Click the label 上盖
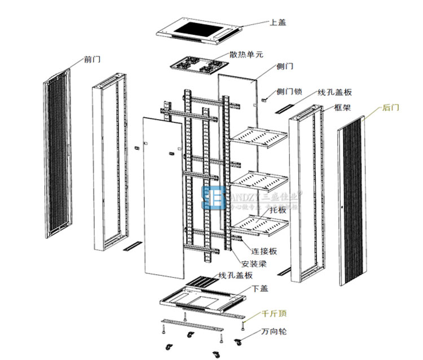pyautogui.click(x=277, y=23)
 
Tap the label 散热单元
pyautogui.click(x=246, y=55)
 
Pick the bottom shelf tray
pyautogui.click(x=259, y=223)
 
